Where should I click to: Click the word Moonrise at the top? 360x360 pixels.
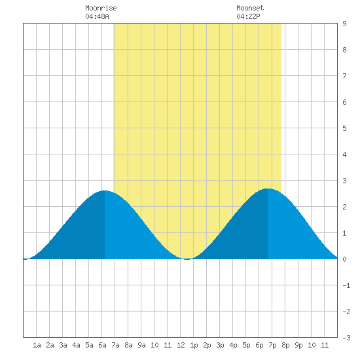101,8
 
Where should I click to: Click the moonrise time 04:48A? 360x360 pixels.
97,16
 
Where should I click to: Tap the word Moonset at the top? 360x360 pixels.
250,8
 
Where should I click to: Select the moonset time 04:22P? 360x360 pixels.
248,16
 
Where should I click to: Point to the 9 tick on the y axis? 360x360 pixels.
344,24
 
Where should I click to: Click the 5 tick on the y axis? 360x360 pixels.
344,128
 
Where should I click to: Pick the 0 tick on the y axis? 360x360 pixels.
344,259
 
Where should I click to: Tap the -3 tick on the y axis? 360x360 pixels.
346,338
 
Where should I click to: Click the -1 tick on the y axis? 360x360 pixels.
346,285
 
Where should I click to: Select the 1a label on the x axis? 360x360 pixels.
37,345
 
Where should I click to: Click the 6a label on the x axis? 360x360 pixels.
102,345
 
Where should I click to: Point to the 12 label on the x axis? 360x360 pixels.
181,345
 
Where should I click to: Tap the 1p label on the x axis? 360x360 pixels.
194,345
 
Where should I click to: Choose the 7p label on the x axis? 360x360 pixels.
272,345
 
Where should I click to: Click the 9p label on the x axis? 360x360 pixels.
298,345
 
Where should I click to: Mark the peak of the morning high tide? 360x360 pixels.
105,190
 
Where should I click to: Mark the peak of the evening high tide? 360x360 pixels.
268,189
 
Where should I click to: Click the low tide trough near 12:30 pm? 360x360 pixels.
187,259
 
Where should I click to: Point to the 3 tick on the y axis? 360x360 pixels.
344,181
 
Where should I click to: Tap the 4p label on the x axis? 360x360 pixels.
233,345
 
